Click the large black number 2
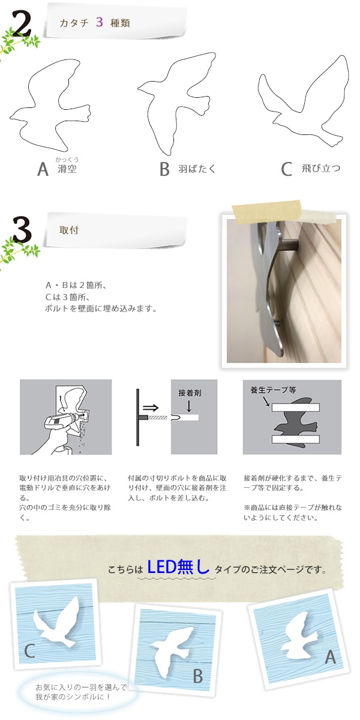coord(22,23)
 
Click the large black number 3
coord(23,230)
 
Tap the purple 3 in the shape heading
coord(100,22)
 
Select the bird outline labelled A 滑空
coord(50,105)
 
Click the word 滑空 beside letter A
coord(67,169)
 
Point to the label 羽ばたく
coord(197,169)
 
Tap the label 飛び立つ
coord(321,168)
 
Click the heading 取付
coord(69,230)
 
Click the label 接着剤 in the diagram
coord(190,393)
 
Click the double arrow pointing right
coord(151,408)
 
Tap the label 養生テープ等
coord(273,390)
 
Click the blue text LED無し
coord(178,566)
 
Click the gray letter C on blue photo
coord(29,651)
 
